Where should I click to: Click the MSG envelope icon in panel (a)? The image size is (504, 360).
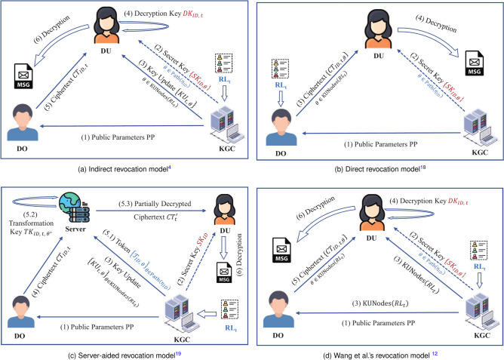point(23,75)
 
